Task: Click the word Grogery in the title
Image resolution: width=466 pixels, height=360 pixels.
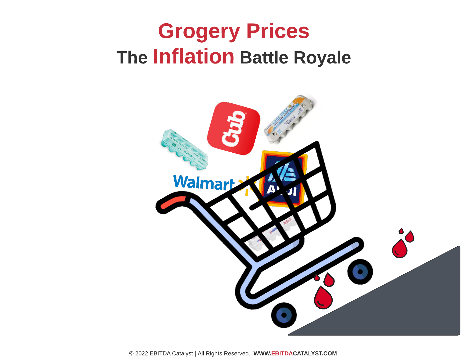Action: tap(199, 31)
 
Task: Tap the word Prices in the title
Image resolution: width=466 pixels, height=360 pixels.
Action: tap(278, 31)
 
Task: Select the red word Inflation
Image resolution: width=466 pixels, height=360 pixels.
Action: tap(193, 57)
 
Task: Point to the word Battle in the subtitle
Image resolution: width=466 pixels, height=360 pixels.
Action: tap(264, 58)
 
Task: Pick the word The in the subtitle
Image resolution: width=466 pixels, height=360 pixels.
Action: tap(132, 58)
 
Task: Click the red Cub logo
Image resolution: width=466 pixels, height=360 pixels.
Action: tap(233, 128)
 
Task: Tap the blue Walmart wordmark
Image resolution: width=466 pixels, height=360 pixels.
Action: tap(203, 183)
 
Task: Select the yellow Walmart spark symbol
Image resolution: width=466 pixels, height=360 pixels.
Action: tap(247, 185)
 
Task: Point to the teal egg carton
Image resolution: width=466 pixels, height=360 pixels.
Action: tap(184, 149)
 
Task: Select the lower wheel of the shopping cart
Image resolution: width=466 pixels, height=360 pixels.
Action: tap(284, 315)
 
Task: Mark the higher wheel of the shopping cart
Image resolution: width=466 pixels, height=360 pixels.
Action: tap(360, 272)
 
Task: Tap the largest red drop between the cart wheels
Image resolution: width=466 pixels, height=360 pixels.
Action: tap(323, 298)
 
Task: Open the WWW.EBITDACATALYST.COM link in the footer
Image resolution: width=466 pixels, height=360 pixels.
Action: tap(295, 353)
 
